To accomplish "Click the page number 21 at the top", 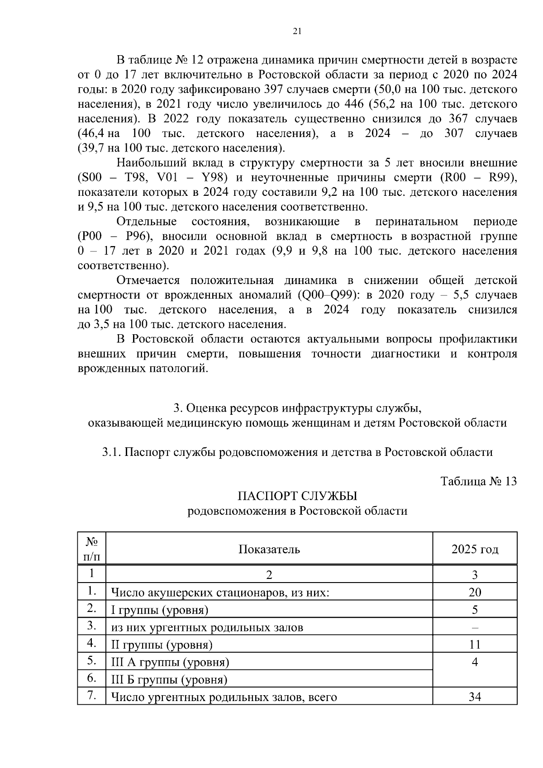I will coord(297,31).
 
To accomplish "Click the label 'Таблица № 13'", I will coord(478,481).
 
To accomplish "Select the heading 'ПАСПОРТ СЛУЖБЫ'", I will coord(297,496).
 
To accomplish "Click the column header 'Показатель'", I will coord(269,549).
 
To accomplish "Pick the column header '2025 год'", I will coord(475,549).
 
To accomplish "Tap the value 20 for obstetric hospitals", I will coord(475,592).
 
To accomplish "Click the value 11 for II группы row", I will coord(475,645).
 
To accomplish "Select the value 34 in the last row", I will coord(475,697).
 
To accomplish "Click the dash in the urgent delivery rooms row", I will coord(475,627).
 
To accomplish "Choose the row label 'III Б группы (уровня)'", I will coord(169,679).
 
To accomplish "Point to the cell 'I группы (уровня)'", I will coord(160,610).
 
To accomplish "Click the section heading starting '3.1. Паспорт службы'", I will coord(297,452).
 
